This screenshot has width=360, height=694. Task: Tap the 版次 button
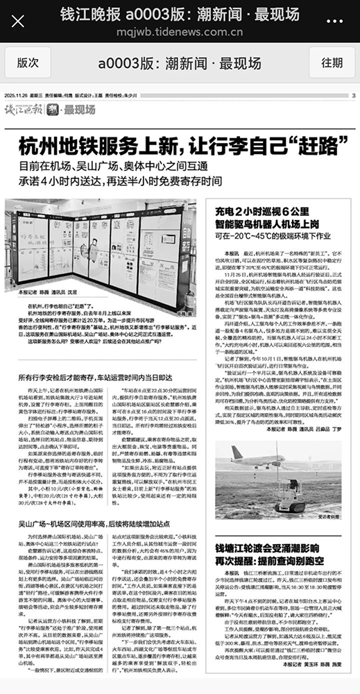[x=28, y=62]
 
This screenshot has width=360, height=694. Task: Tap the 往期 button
[x=331, y=62]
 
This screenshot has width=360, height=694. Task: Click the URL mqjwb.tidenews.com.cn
[x=180, y=31]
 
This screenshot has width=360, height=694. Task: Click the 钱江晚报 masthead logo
[x=24, y=109]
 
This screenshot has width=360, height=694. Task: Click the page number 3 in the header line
[x=353, y=96]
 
